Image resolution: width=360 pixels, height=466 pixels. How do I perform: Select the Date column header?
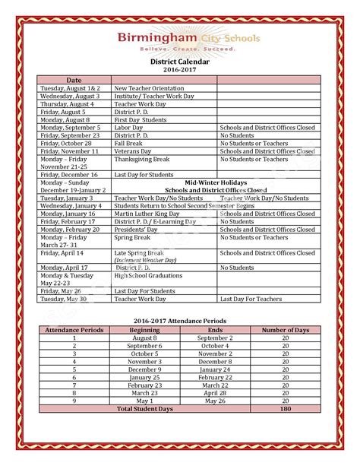pos(74,80)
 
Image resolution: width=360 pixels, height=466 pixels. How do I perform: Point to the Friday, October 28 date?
pos(66,144)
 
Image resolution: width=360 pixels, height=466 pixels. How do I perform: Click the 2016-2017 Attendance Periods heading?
pos(179,322)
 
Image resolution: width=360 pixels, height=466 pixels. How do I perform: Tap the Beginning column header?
pos(144,330)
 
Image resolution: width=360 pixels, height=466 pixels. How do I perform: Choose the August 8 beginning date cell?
pos(144,338)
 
